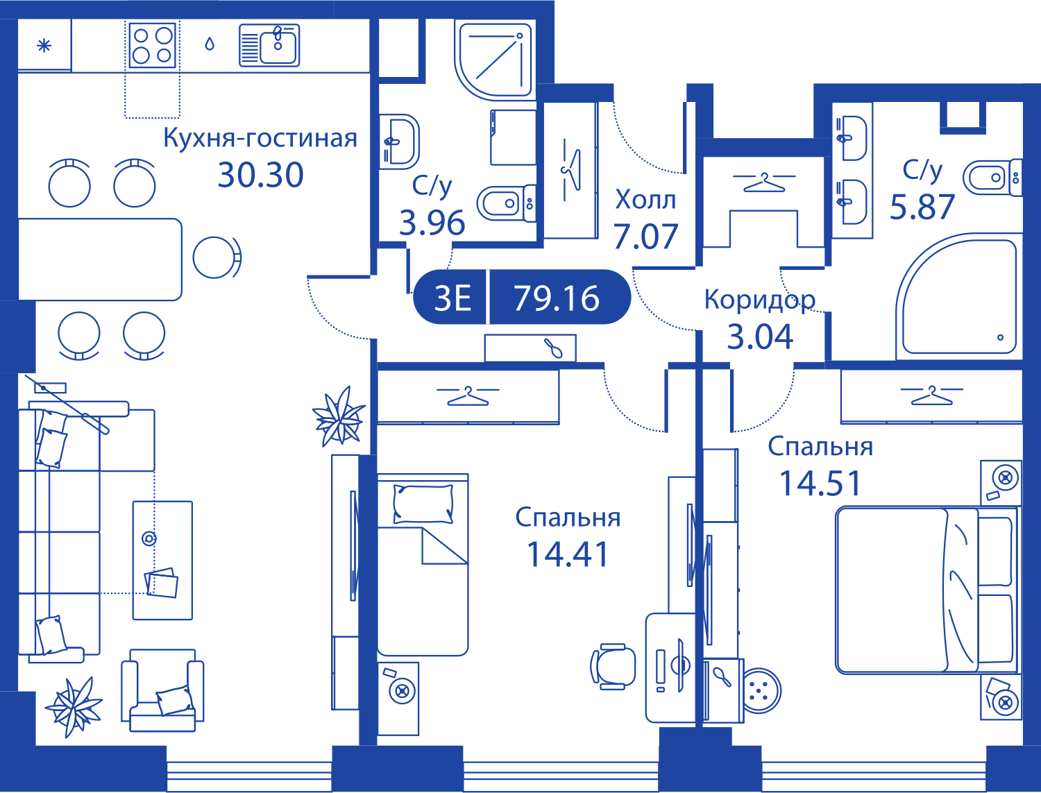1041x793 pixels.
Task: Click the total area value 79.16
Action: coord(557,298)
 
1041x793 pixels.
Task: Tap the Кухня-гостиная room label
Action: coord(260,138)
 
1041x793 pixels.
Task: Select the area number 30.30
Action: coord(260,175)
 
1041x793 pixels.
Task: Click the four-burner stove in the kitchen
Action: coord(152,46)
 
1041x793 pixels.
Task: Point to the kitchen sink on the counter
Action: coord(269,45)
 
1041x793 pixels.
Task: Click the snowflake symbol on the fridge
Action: coord(44,46)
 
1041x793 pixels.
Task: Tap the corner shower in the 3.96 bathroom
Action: coord(493,60)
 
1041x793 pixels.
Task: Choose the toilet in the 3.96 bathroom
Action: coord(506,203)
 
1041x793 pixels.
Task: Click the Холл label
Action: coord(645,200)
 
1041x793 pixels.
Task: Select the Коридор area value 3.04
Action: coord(760,336)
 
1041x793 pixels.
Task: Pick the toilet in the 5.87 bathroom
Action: coord(992,178)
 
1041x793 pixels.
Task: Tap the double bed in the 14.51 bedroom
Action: coord(927,590)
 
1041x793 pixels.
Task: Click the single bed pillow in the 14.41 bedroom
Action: coord(423,504)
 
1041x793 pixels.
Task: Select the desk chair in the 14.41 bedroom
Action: coord(613,667)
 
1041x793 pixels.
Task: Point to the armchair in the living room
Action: coord(162,690)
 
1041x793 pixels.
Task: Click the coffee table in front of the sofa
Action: coord(162,561)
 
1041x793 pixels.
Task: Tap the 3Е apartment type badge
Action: coord(452,298)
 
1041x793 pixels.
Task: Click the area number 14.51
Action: coord(820,483)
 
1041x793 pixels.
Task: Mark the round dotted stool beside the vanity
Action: coord(761,690)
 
